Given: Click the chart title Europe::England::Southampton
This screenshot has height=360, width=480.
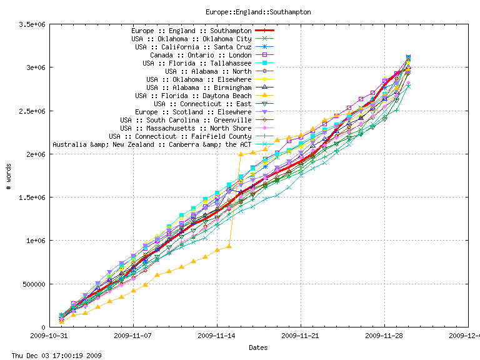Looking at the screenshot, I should (258, 12).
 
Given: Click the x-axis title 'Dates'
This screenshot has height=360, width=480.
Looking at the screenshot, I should (258, 347).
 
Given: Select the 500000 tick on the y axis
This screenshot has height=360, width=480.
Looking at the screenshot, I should (31, 284).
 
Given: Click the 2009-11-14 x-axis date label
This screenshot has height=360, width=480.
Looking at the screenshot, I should (217, 336).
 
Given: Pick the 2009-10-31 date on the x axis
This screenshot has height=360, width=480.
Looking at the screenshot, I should (49, 336).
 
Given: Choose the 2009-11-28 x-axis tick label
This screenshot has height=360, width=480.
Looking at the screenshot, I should (384, 336).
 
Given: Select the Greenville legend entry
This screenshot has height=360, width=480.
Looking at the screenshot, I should (186, 120).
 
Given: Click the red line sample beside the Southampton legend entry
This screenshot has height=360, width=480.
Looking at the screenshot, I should (265, 31).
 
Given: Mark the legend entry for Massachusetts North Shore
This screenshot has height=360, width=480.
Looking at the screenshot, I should (186, 128).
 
